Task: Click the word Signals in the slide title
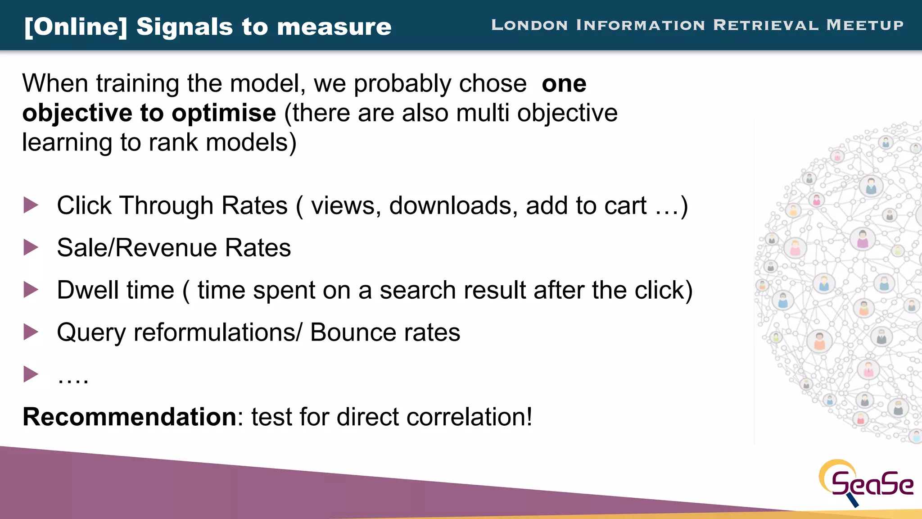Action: click(185, 27)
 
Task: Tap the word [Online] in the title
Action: click(76, 27)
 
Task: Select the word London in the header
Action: click(529, 25)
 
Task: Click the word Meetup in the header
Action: click(865, 25)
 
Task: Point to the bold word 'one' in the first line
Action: click(564, 84)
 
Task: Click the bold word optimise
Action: click(224, 113)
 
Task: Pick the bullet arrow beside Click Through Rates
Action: click(31, 205)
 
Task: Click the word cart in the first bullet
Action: click(625, 206)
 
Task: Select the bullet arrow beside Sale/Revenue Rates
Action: click(31, 247)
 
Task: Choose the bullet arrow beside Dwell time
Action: click(31, 290)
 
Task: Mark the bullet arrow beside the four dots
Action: click(31, 374)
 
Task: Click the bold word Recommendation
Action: click(130, 417)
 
